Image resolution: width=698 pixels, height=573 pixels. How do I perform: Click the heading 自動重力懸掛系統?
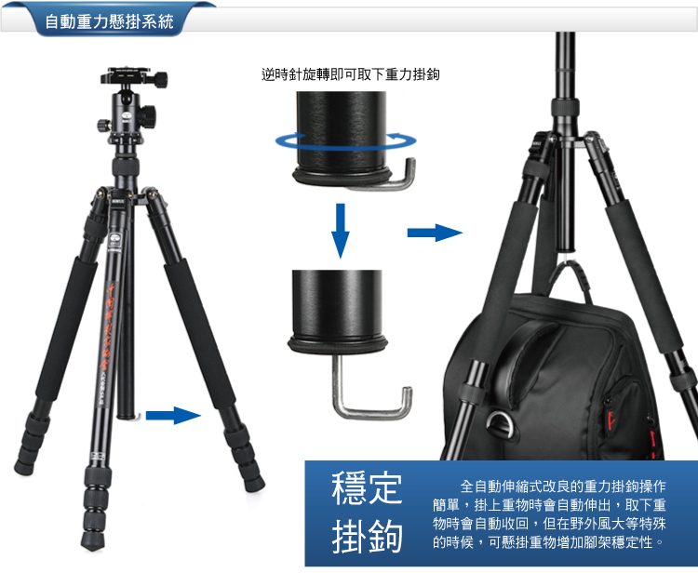tap(109, 20)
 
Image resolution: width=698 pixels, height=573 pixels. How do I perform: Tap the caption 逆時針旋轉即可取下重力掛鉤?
tap(350, 73)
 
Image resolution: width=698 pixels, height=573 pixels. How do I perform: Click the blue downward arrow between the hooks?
tap(341, 231)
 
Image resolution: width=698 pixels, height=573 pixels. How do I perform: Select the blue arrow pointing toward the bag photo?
tap(435, 233)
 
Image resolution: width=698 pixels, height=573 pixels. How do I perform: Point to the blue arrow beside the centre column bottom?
tap(173, 416)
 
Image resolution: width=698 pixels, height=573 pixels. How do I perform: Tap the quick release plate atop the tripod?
tap(133, 76)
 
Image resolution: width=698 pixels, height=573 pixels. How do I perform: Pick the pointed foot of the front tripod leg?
tap(92, 542)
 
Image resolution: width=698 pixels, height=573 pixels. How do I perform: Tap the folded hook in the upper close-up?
tap(387, 180)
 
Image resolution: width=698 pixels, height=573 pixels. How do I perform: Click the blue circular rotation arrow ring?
tap(345, 141)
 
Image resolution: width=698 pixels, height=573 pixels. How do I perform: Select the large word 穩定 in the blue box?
tap(367, 488)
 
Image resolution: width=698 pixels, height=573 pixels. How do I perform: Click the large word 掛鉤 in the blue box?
tap(367, 536)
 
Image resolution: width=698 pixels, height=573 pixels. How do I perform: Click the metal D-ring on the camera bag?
tap(499, 422)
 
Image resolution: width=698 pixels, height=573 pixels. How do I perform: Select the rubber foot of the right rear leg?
tap(254, 483)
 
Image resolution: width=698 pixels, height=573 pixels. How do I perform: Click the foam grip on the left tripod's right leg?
tap(199, 333)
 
